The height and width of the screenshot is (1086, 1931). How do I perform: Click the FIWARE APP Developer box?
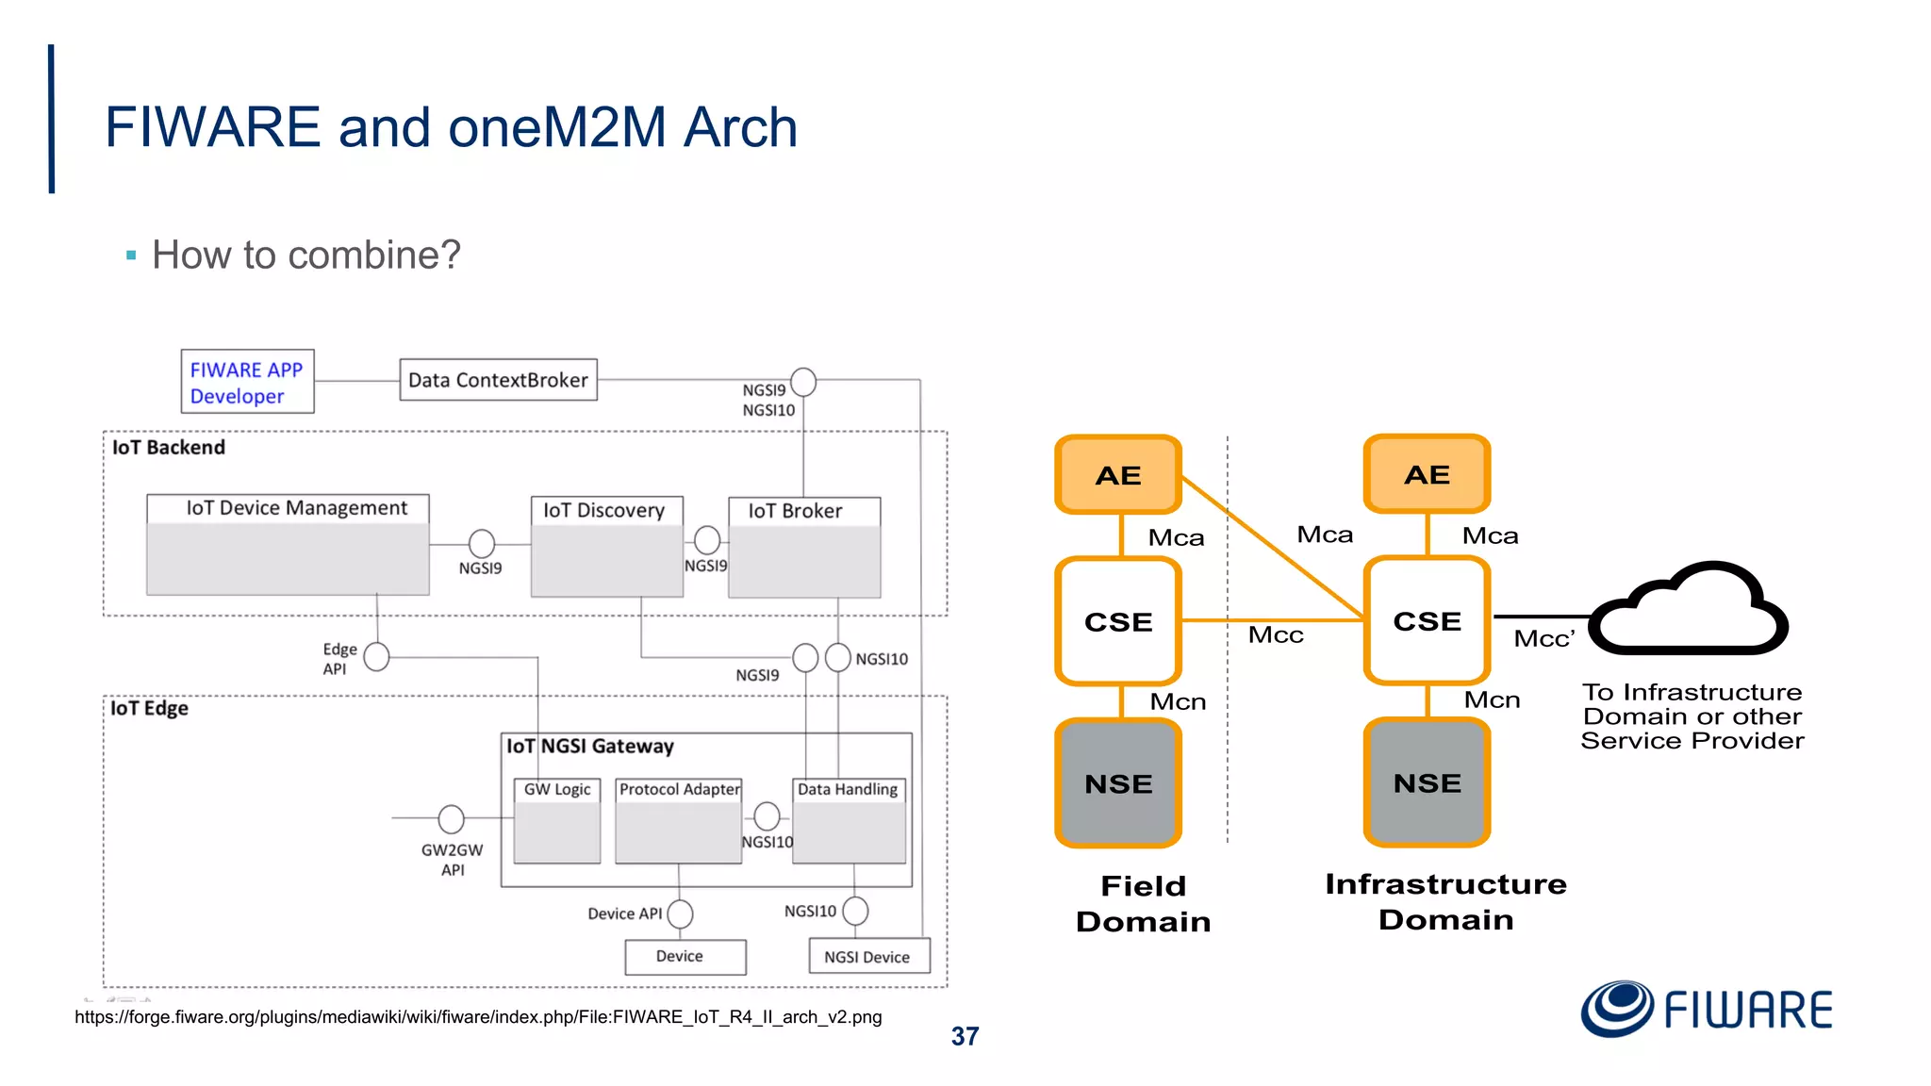pos(247,382)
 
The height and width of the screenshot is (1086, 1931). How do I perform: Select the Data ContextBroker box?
pos(498,380)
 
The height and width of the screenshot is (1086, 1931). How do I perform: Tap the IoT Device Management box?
pos(288,545)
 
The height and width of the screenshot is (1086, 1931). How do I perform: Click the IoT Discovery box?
pos(606,547)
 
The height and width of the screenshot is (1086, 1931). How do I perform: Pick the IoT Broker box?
pos(804,548)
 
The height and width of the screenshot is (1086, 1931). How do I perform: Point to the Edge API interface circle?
pos(376,657)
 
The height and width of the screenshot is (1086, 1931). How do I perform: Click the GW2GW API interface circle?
pos(452,819)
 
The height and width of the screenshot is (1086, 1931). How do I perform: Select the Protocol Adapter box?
pos(679,820)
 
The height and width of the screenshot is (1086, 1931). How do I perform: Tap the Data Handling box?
pos(849,820)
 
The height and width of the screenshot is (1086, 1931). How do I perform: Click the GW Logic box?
pos(557,820)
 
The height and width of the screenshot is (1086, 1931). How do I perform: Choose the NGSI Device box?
pos(868,957)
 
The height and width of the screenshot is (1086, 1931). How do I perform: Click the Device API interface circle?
pos(680,913)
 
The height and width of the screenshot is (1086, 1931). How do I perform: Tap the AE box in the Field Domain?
pos(1118,475)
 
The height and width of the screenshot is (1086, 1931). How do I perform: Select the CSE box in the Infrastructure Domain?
pos(1427,621)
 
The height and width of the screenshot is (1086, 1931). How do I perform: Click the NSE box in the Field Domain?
pos(1118,783)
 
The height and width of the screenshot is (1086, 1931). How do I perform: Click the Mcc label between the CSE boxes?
pos(1275,635)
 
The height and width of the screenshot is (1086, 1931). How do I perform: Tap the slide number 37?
pos(965,1037)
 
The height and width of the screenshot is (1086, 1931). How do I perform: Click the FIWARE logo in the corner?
pos(1707,1010)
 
